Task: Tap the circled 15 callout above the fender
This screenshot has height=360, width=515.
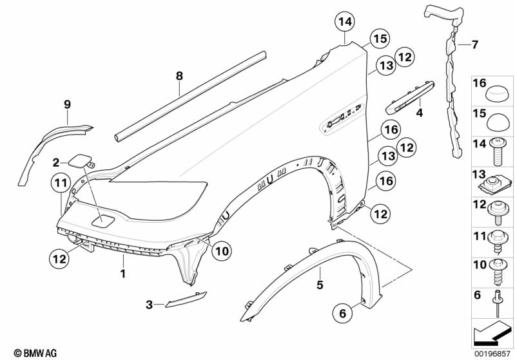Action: pyautogui.click(x=380, y=39)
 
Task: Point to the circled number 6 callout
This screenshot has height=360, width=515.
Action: pyautogui.click(x=342, y=314)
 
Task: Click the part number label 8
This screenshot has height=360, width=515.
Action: pyautogui.click(x=180, y=77)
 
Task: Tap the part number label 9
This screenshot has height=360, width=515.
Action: pyautogui.click(x=66, y=104)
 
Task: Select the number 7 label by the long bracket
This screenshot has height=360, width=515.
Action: pyautogui.click(x=475, y=44)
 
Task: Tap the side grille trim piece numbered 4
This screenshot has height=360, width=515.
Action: pyautogui.click(x=405, y=95)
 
